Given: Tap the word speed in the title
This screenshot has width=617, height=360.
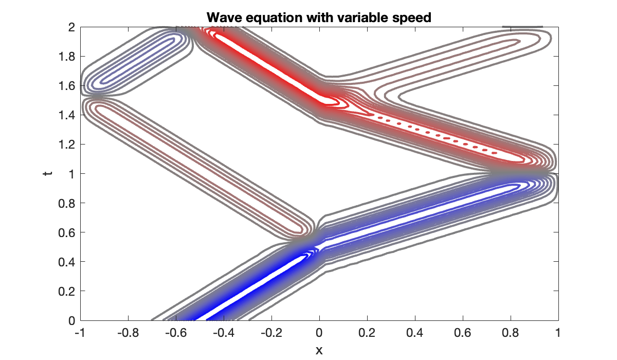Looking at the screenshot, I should (411, 17).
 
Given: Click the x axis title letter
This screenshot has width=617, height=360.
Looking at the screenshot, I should (319, 350).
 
